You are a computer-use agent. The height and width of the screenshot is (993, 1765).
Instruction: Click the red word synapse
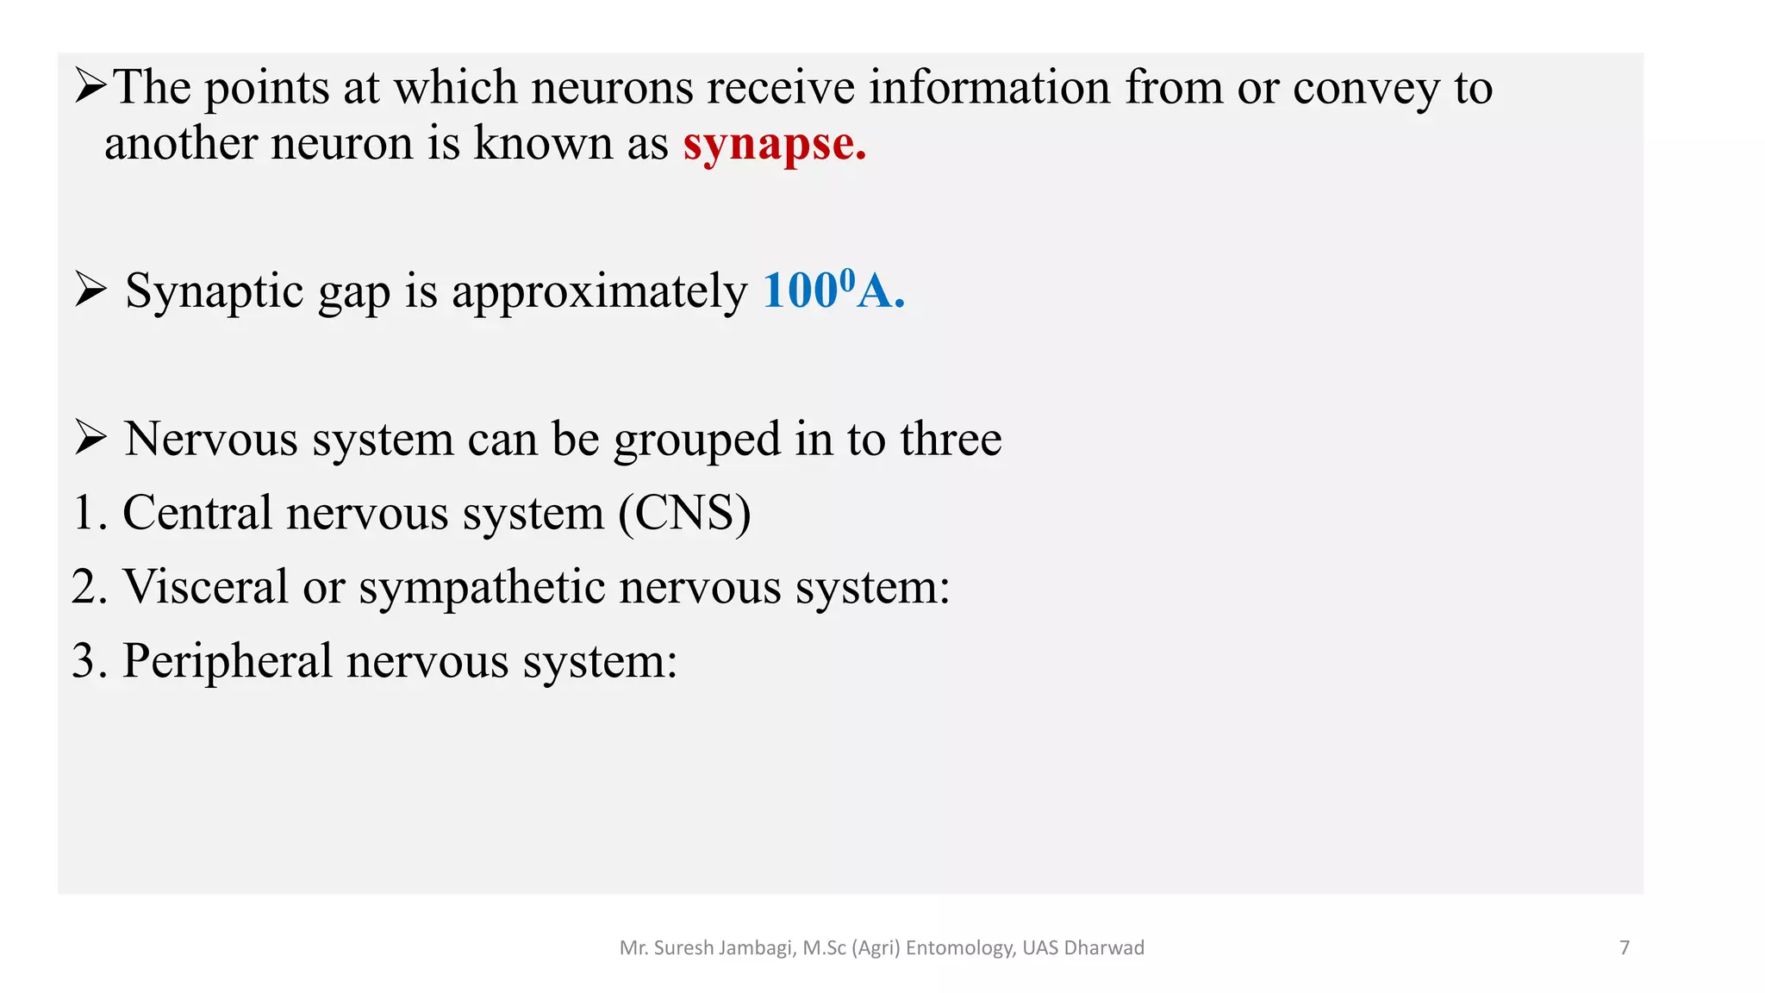pos(774,144)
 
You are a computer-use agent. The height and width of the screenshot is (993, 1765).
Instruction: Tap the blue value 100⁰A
pos(833,290)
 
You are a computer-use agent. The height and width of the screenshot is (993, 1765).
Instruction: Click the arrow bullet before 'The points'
pos(90,86)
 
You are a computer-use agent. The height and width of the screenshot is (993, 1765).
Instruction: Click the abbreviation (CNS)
pos(684,513)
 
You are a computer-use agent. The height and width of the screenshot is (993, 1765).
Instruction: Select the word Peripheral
pos(227,661)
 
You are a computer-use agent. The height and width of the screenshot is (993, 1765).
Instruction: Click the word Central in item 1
pos(197,513)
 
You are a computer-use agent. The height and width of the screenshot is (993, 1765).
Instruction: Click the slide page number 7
pos(1625,948)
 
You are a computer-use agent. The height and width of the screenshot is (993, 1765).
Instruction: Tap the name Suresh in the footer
pos(683,948)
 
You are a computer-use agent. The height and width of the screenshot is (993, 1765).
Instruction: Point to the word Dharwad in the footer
pos(1104,948)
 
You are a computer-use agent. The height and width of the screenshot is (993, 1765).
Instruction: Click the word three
pos(951,439)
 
